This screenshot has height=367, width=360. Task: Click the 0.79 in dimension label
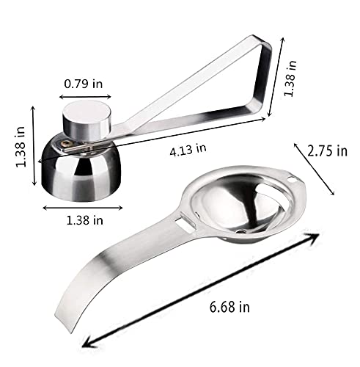pyautogui.click(x=84, y=84)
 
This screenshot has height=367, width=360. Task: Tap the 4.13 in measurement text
pyautogui.click(x=188, y=150)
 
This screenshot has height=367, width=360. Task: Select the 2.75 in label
pyautogui.click(x=327, y=151)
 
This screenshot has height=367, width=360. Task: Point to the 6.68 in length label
pyautogui.click(x=229, y=307)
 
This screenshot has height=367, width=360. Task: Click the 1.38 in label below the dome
pyautogui.click(x=84, y=220)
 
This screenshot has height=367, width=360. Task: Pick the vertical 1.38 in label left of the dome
pyautogui.click(x=21, y=147)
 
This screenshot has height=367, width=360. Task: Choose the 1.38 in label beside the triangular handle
pyautogui.click(x=290, y=79)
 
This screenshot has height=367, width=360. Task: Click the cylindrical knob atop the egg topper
pyautogui.click(x=87, y=121)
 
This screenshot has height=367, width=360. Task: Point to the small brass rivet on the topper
pyautogui.click(x=66, y=144)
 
